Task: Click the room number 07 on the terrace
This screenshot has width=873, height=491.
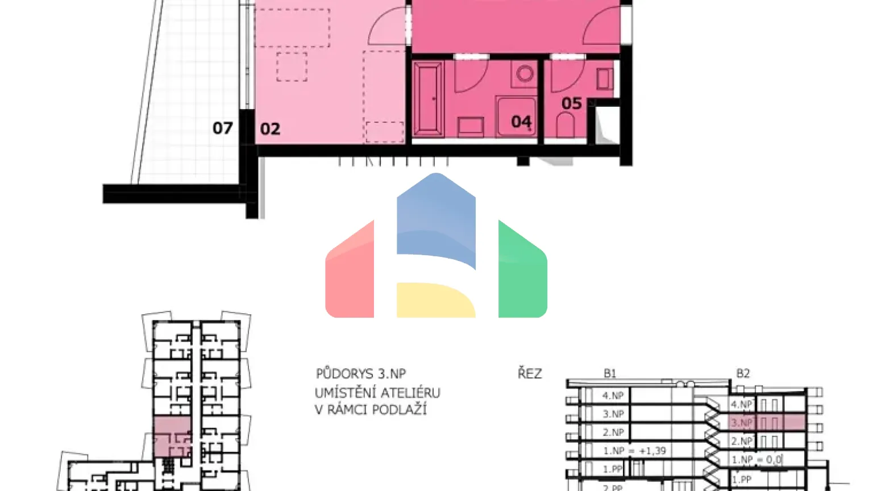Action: (x=222, y=128)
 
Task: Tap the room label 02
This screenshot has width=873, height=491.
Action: (x=270, y=129)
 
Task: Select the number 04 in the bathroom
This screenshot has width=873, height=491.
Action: (x=521, y=122)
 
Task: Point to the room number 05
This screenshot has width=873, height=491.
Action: (x=571, y=103)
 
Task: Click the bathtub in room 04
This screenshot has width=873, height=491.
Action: (x=429, y=99)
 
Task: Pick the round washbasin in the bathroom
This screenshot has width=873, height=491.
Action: (x=525, y=73)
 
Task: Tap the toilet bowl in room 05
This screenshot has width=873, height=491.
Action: (x=565, y=126)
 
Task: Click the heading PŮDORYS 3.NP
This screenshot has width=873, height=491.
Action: (x=361, y=374)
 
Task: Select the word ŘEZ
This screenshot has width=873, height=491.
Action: (x=529, y=373)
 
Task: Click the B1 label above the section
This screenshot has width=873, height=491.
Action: (x=609, y=373)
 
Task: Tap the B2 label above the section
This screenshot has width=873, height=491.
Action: (x=743, y=373)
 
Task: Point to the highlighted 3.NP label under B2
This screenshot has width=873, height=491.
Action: (x=741, y=423)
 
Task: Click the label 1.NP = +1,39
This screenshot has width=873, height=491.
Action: (x=634, y=451)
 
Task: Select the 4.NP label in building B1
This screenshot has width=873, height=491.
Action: (x=613, y=396)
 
